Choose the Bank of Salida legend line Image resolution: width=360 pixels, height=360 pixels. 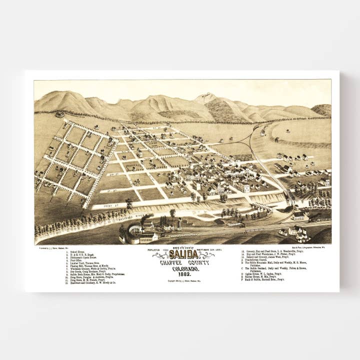pos(265,279)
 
